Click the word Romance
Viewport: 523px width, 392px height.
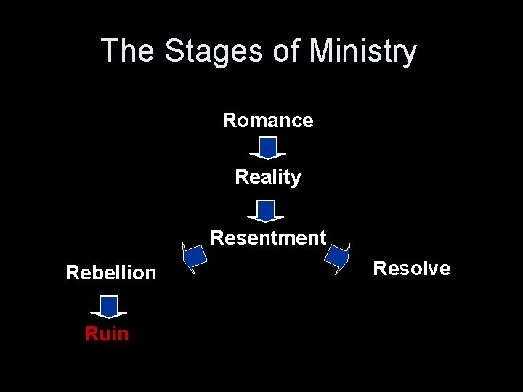(267, 121)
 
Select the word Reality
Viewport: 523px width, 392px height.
(267, 177)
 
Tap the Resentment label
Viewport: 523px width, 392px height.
(268, 238)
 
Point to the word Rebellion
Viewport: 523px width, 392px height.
(110, 273)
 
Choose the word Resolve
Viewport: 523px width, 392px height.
(411, 269)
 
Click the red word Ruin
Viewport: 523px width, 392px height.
(106, 334)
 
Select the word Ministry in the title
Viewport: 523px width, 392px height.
(362, 52)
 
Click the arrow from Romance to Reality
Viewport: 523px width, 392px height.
(267, 148)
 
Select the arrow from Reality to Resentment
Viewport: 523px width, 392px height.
(266, 211)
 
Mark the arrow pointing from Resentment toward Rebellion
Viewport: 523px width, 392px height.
(194, 258)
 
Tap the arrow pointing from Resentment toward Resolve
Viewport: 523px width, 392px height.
(337, 257)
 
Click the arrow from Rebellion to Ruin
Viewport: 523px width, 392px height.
(109, 306)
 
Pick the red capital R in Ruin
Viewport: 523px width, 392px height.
(90, 334)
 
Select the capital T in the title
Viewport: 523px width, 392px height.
(110, 52)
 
